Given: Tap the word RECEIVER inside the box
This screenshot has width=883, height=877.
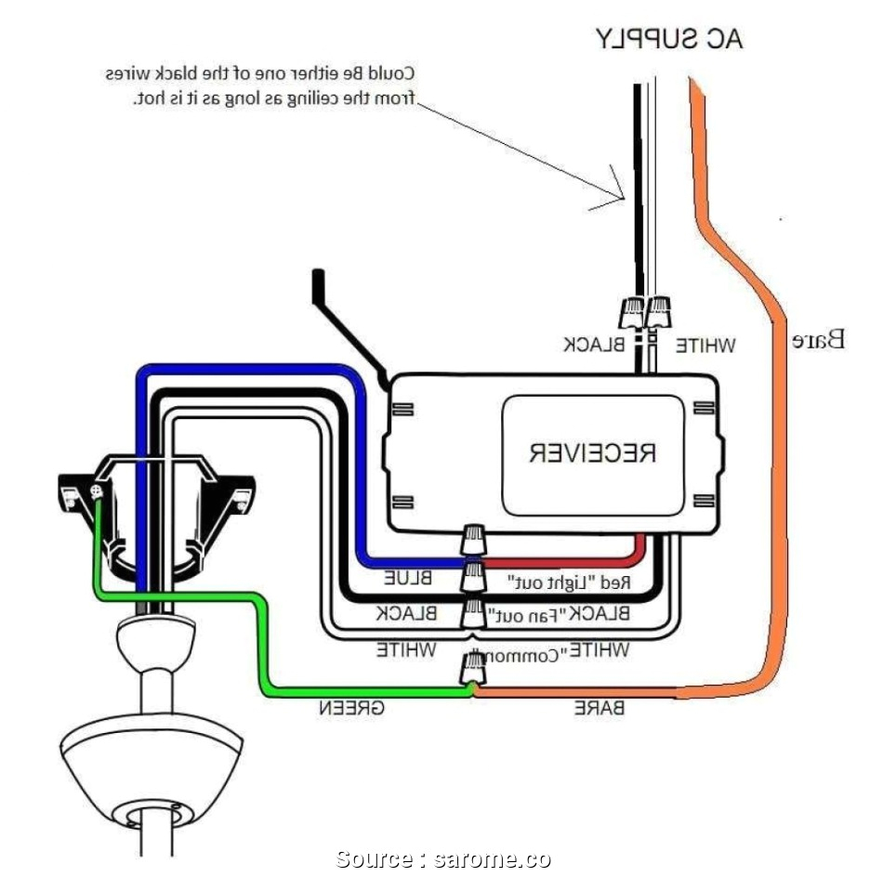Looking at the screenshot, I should coord(593,453).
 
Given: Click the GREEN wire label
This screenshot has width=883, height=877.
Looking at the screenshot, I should coord(353,708).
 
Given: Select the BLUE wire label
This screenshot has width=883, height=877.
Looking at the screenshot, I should coord(409,578).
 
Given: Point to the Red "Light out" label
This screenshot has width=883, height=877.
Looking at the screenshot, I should coord(570,583).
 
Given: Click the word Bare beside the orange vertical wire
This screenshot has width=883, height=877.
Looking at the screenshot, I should coord(819,340).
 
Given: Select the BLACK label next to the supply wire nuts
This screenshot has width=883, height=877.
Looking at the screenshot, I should coord(595,345).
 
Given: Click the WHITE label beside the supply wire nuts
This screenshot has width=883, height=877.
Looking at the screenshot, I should coord(705,346).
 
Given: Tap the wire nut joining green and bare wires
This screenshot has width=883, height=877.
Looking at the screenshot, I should coord(475,669).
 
